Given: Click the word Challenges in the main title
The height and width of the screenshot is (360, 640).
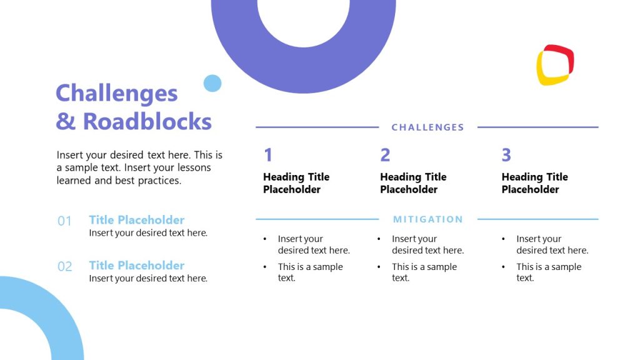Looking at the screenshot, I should point(117,93).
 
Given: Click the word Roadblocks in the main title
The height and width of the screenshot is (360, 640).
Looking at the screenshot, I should point(147,121).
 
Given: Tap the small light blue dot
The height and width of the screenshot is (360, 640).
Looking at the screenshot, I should point(212,83).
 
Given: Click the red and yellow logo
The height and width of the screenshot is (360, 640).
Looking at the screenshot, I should point(555,65).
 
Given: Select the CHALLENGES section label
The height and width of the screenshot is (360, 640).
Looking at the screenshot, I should point(427,127).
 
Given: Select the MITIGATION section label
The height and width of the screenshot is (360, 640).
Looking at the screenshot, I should point(427,219).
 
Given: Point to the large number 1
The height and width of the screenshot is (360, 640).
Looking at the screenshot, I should point(268,155).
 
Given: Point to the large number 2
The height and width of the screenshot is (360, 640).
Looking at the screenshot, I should point(385,155).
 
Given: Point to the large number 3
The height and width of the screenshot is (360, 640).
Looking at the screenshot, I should point(506,155).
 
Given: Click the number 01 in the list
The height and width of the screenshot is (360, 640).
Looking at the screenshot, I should point(65,221).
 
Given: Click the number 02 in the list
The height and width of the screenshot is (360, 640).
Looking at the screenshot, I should point(65,267).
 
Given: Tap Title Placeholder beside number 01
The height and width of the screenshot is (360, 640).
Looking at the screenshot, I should point(136,220).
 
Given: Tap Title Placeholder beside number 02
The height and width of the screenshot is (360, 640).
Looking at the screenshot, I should point(136,266).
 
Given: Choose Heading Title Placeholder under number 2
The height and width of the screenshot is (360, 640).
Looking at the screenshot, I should point(413,183).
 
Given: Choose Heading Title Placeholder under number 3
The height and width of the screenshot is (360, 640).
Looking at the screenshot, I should point(534,183).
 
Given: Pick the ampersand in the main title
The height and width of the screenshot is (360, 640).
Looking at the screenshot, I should point(66,121).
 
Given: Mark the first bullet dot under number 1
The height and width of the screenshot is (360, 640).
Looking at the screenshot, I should point(265,239).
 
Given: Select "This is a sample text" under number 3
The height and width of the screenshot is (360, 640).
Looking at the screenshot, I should point(548,272).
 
